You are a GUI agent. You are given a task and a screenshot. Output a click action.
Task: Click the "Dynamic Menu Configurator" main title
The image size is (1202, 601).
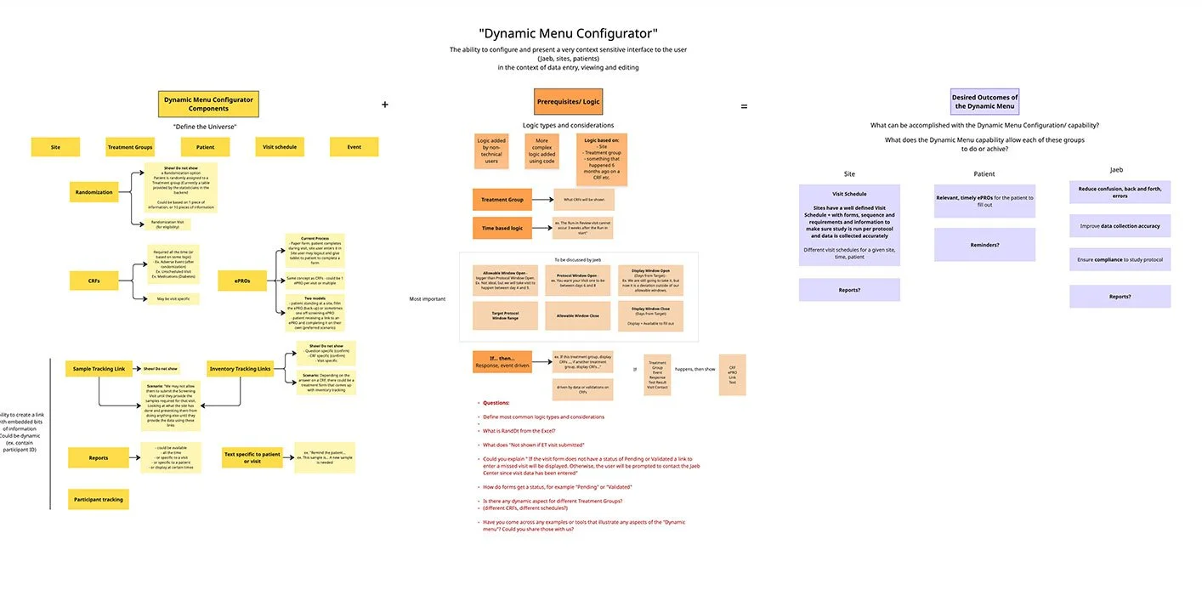click(568, 34)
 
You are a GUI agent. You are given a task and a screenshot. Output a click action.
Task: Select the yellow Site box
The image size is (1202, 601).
click(55, 147)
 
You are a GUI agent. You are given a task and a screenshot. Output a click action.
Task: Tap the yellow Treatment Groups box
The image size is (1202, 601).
click(130, 147)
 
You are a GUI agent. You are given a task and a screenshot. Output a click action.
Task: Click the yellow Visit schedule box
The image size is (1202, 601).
click(280, 147)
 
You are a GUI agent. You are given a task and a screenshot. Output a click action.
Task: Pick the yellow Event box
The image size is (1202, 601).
click(354, 147)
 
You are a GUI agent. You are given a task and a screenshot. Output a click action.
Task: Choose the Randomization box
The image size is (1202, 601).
click(94, 192)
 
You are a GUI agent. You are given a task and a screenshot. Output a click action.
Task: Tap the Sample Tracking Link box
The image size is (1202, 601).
click(99, 369)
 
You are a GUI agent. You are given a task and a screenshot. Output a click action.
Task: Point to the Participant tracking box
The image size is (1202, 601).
click(99, 499)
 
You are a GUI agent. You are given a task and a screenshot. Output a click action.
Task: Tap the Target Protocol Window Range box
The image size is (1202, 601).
click(505, 315)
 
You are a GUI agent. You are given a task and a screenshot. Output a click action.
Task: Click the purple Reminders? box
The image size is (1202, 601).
click(984, 245)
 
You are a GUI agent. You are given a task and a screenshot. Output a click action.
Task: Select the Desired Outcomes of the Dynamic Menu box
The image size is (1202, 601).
click(984, 102)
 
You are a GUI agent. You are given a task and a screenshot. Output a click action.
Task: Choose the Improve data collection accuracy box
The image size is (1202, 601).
click(1120, 226)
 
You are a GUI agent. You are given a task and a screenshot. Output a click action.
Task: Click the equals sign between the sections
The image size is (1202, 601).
click(744, 106)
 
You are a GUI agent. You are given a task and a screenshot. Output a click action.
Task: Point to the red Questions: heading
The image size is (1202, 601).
click(496, 402)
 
